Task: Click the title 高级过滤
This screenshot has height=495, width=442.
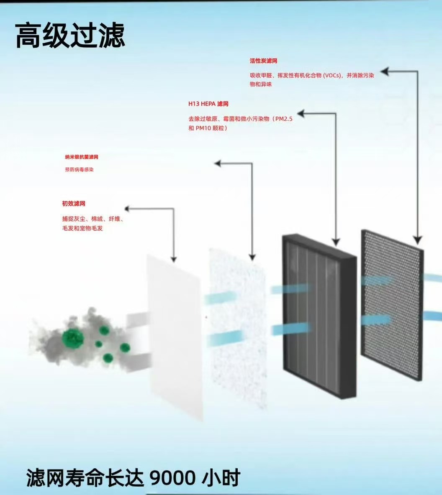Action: (70, 36)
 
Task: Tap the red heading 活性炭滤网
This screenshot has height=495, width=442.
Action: (264, 61)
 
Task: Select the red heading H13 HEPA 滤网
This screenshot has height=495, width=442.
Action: (208, 104)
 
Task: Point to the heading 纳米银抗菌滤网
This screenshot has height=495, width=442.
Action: (82, 157)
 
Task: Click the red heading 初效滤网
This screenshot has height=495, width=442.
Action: (74, 204)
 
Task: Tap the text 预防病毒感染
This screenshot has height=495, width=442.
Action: (77, 170)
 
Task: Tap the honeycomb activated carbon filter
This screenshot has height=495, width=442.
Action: (391, 305)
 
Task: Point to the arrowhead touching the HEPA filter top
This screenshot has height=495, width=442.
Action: (336, 241)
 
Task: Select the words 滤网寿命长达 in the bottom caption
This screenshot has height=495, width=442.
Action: (84, 477)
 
